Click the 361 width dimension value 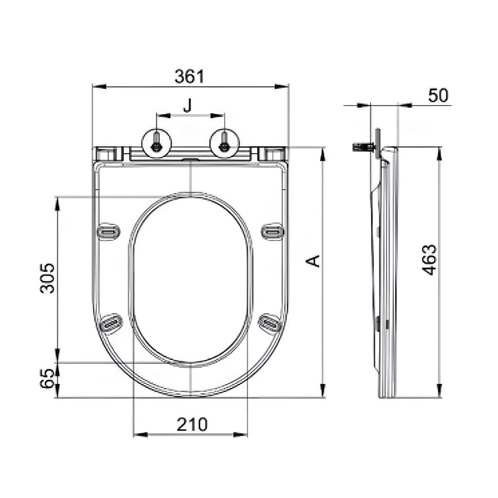coord(189,76)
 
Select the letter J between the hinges coord(188,106)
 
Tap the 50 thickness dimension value coord(438,96)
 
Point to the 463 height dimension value coord(430,261)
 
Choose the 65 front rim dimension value coord(48,378)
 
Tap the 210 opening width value coord(192,424)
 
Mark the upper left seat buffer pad coord(109,231)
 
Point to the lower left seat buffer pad coord(111,323)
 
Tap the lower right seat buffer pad coord(270,322)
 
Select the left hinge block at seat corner coord(107,154)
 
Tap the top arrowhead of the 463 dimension coord(439,151)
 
